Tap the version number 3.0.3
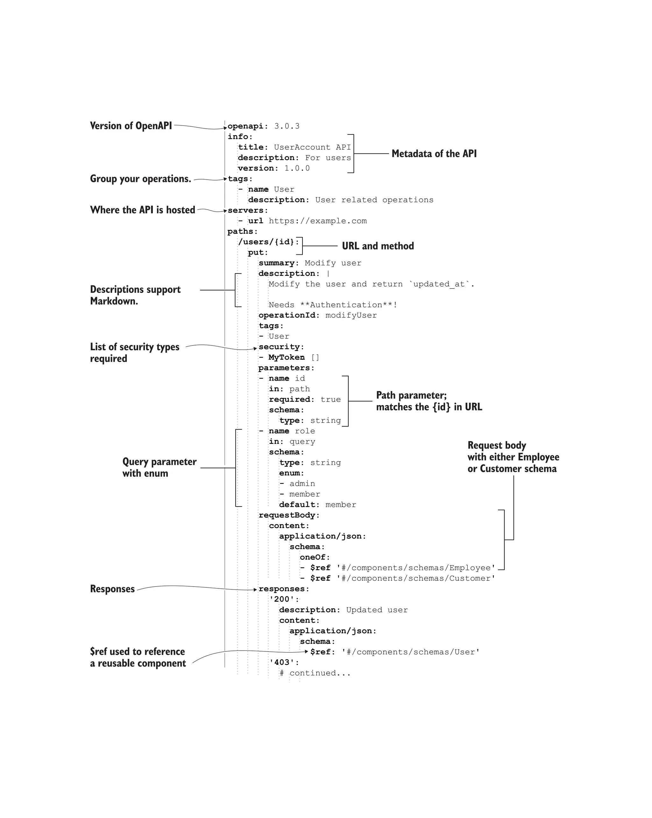[x=287, y=126]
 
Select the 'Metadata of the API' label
[x=434, y=154]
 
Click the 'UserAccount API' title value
[x=313, y=147]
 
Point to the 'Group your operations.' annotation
[x=140, y=179]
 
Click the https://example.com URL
[x=318, y=221]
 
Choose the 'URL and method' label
[x=378, y=246]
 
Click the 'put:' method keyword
[x=258, y=252]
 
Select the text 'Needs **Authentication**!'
[x=333, y=305]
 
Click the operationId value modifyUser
[x=351, y=315]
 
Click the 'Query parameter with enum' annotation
[x=159, y=467]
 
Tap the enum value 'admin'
[x=302, y=483]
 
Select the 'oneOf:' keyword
[x=315, y=557]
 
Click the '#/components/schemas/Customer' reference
[x=416, y=578]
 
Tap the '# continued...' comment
[x=315, y=673]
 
